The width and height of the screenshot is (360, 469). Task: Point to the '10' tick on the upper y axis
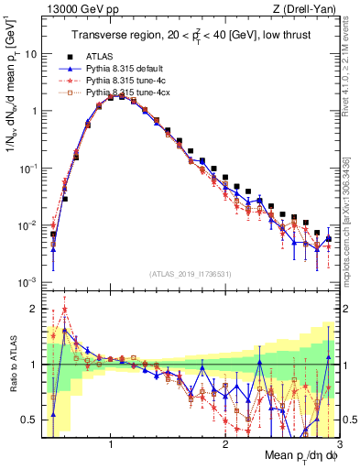pos(30,53)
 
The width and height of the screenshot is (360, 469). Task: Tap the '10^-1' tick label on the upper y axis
pos(27,169)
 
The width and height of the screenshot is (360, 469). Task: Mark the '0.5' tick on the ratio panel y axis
pos(28,420)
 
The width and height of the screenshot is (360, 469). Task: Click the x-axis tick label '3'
pos(338,443)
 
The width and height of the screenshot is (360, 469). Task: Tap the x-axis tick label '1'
pos(111,443)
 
